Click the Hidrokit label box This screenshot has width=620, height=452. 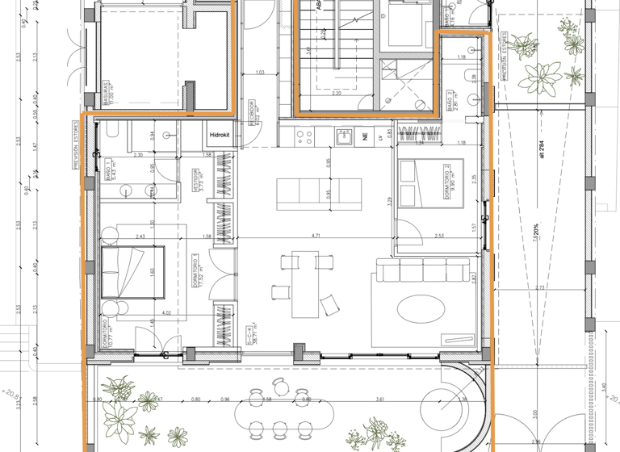(220, 136)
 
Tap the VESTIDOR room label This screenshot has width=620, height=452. (196, 182)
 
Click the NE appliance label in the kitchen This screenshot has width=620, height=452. (367, 138)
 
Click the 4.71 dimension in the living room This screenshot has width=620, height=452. (317, 236)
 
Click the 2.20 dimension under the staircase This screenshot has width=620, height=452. (337, 94)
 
